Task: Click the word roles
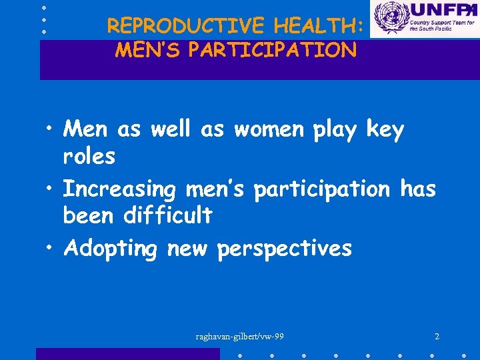(89, 157)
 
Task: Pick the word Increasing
(119, 191)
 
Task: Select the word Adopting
(111, 249)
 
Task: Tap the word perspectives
(285, 249)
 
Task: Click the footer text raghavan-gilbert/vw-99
(240, 337)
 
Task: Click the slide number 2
(437, 337)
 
